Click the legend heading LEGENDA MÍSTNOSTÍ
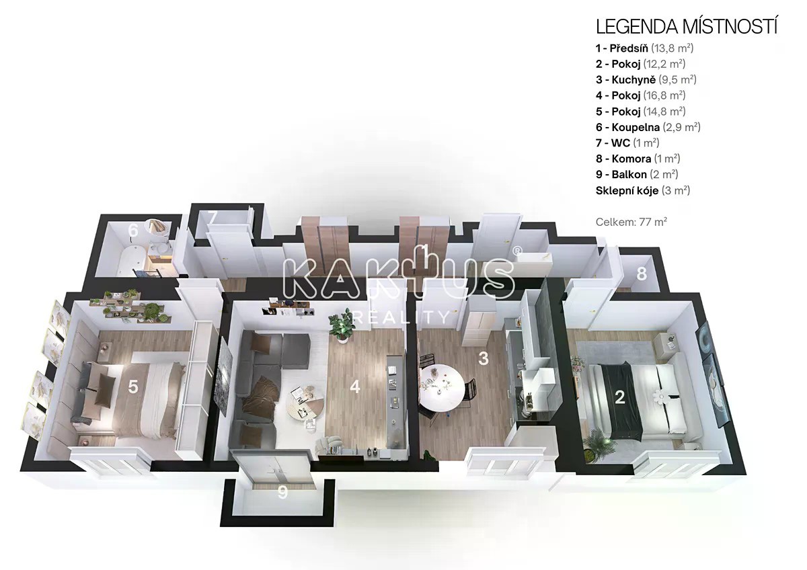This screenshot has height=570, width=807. coord(686,28)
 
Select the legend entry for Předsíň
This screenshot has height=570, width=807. coord(644,48)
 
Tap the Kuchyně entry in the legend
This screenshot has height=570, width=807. coord(646,79)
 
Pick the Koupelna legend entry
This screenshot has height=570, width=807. coord(648,127)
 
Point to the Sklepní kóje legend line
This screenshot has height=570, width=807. coord(643,190)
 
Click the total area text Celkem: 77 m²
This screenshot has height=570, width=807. coord(631,222)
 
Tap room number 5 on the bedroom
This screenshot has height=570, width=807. coord(133,387)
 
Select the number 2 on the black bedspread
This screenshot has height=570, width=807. coord(619,397)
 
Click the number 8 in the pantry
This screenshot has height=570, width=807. coord(642,274)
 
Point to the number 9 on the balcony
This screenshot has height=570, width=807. coord(282,493)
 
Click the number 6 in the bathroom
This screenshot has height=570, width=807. coord(133,230)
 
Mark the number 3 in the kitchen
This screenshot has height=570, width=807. coord(483,358)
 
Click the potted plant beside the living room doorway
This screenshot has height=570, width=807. coord(340,325)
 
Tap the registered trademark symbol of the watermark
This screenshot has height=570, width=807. coord(517,251)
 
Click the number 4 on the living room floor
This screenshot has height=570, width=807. coord(355,387)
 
